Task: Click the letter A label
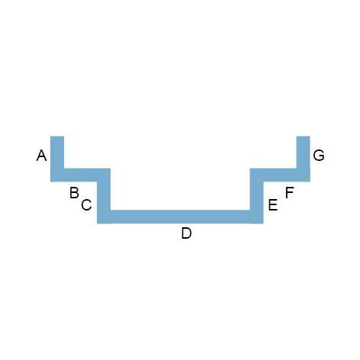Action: click(x=42, y=156)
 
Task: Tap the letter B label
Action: click(x=74, y=193)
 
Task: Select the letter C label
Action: click(x=86, y=205)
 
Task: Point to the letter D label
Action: click(x=186, y=233)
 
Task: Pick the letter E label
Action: click(x=273, y=205)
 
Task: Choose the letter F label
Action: click(x=289, y=192)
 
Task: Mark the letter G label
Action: click(x=319, y=156)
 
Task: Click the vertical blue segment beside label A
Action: click(x=57, y=159)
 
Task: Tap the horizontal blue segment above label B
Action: click(x=80, y=175)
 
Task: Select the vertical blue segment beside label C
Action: click(x=104, y=196)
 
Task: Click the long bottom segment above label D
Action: click(x=180, y=217)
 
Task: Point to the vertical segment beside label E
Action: click(x=257, y=196)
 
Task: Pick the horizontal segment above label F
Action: click(x=280, y=175)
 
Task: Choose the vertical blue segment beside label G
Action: click(x=304, y=159)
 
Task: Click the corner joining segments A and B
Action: click(x=57, y=175)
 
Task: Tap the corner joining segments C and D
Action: click(x=104, y=217)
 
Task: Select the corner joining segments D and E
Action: click(x=257, y=217)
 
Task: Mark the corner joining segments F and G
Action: click(x=304, y=175)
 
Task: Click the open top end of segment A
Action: click(x=57, y=137)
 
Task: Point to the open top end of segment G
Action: click(x=304, y=137)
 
